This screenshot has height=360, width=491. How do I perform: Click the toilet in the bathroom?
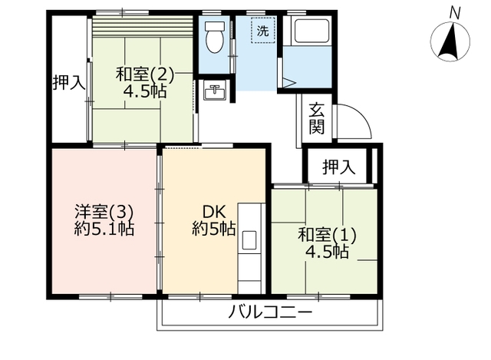(x=215, y=38)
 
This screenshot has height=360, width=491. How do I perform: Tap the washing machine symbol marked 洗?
(x=263, y=31)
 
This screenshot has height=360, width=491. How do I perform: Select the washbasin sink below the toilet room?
(x=215, y=90)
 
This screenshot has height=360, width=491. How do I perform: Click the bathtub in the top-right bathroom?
(x=310, y=31)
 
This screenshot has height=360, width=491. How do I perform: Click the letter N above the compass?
(x=455, y=14)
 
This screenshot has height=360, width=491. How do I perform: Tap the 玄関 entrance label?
(x=317, y=118)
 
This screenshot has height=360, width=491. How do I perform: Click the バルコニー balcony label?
(x=271, y=312)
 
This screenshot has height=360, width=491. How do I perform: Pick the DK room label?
(x=214, y=212)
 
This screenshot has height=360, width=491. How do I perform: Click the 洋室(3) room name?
(x=104, y=212)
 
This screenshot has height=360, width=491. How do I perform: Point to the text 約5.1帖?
(x=104, y=229)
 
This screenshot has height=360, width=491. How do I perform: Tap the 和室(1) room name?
(x=327, y=235)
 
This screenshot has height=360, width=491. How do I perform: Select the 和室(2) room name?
(x=145, y=74)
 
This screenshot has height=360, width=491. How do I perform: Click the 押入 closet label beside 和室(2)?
(x=69, y=83)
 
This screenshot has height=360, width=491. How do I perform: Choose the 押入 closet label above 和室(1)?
(x=339, y=167)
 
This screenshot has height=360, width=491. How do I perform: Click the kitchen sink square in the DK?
(x=249, y=240)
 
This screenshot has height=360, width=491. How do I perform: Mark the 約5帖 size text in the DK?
(x=214, y=229)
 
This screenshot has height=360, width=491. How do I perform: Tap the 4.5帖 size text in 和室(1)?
(x=327, y=252)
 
